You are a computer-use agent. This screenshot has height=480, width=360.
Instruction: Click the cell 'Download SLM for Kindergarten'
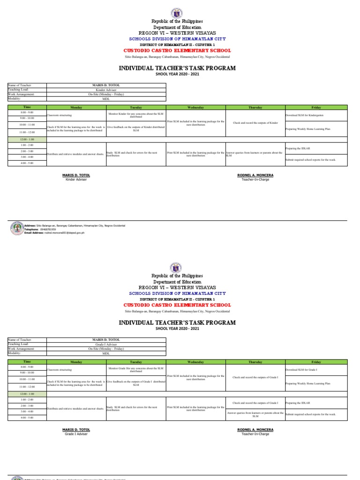(304, 115)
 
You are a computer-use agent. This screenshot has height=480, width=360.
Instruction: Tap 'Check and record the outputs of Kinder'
(255, 122)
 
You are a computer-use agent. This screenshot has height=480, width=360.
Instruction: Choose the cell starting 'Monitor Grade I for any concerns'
(136, 370)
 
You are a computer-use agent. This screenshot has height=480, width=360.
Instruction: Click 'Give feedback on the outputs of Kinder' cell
(136, 128)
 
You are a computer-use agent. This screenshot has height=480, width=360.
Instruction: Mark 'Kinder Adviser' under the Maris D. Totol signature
(76, 180)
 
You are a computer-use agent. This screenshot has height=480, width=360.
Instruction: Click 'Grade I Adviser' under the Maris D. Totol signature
(76, 434)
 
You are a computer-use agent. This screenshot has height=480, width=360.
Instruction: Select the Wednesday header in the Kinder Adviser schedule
(195, 107)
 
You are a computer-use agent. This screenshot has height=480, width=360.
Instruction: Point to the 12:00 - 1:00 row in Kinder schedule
(26, 139)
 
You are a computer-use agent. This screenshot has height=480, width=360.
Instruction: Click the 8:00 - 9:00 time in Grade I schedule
(26, 367)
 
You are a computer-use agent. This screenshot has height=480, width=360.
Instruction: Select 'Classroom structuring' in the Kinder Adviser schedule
(59, 115)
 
